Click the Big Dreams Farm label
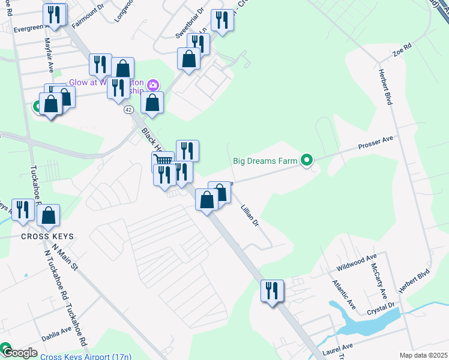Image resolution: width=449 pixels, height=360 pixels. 265,161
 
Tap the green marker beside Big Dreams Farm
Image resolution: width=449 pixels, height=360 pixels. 307,160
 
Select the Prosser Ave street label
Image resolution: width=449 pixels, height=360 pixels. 375,143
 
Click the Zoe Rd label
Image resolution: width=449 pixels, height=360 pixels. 402,49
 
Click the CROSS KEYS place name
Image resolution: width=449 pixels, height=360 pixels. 47,236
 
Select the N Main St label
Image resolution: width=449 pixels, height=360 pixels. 65,257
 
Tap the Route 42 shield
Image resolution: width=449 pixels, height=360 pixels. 128,110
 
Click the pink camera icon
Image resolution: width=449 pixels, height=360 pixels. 153,85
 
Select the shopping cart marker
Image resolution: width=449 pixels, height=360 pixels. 163,160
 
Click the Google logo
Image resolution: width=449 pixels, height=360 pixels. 19,353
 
